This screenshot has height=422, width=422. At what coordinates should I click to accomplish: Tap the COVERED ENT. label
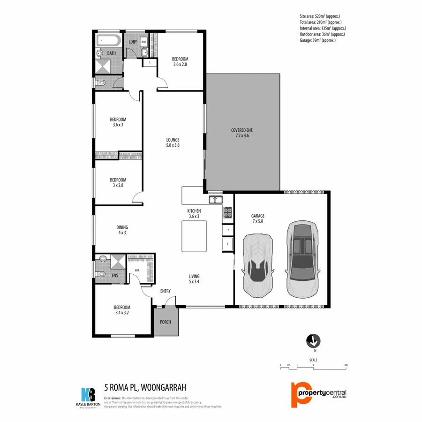click(242, 133)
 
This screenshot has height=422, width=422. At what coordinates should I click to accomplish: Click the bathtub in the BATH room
click(109, 41)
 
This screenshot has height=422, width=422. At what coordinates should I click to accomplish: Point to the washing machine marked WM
click(143, 41)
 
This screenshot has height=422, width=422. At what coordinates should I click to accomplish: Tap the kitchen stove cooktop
click(228, 212)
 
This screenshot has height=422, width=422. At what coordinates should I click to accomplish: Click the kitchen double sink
click(216, 200)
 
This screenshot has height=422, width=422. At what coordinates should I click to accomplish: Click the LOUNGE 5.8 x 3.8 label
click(173, 143)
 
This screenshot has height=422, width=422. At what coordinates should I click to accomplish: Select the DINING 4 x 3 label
click(122, 230)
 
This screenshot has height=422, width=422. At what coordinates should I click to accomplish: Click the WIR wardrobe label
click(137, 271)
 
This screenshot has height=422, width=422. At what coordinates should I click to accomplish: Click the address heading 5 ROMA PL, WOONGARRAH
click(145, 387)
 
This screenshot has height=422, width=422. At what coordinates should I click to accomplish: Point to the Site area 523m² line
click(316, 16)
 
